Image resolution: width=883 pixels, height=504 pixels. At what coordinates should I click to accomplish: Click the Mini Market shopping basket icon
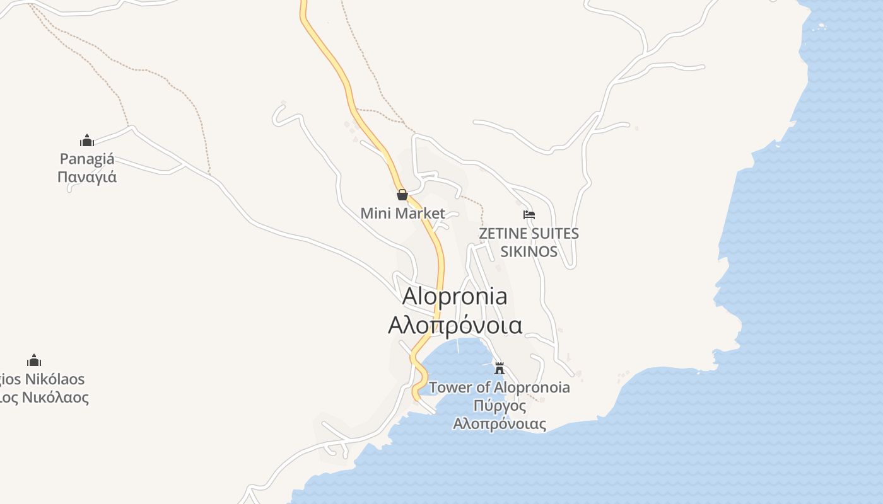tap(402, 195)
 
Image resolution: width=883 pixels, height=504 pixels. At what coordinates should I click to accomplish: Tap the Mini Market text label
tap(402, 214)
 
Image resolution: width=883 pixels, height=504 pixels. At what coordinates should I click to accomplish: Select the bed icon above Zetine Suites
tap(529, 215)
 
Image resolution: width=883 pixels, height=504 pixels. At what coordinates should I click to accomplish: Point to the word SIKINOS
tap(529, 252)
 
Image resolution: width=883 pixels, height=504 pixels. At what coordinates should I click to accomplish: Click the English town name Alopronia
tap(454, 296)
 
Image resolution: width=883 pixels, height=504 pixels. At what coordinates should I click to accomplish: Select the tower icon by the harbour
tap(500, 368)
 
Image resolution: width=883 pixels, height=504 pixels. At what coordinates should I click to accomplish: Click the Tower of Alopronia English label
tap(500, 387)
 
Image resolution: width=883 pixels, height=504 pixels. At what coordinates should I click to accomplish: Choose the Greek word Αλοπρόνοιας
tap(500, 423)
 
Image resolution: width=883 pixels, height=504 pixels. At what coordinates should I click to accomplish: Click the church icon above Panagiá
tap(87, 140)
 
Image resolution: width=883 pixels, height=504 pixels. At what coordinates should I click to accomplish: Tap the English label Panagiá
tap(87, 159)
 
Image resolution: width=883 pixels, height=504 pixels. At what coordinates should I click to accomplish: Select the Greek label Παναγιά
tap(87, 176)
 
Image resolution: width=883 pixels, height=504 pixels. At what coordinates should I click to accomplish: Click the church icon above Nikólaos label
tap(34, 360)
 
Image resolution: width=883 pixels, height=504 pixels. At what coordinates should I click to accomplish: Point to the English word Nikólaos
tap(53, 379)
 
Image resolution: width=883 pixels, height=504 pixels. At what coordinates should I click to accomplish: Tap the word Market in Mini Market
tap(420, 214)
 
